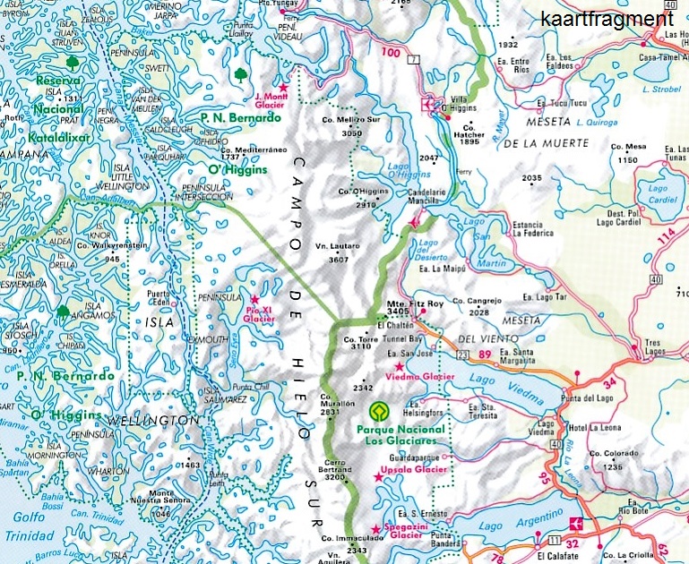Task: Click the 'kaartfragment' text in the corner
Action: click(x=606, y=18)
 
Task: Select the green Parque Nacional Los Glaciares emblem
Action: click(x=377, y=412)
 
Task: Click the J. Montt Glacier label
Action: click(x=270, y=100)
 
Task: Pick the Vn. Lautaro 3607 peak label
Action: click(x=338, y=252)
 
